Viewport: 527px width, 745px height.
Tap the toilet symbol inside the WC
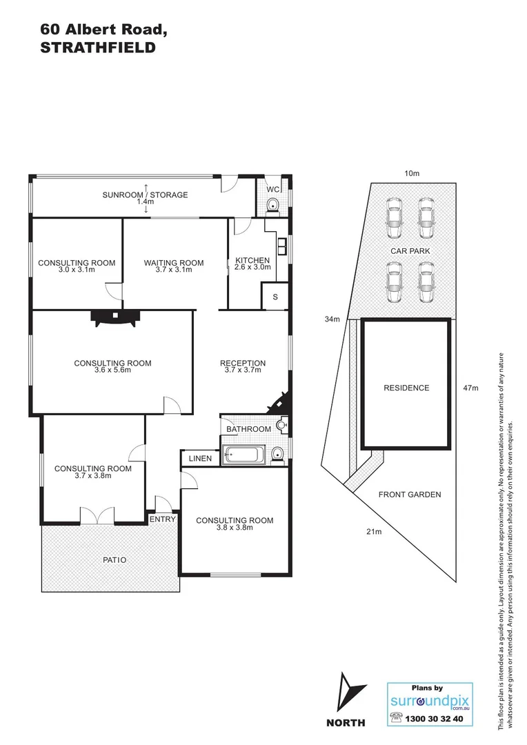point(274,203)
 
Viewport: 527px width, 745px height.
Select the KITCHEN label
point(252,260)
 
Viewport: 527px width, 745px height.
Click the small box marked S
point(275,297)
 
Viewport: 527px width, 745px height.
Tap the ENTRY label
point(163,519)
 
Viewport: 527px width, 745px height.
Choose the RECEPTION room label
point(243,364)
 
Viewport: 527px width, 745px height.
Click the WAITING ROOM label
point(174,262)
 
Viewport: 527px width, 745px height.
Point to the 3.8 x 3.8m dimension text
point(235,528)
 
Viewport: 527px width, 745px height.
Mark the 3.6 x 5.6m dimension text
point(112,370)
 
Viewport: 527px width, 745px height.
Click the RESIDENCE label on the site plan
point(406,388)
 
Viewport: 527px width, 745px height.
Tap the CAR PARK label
point(410,251)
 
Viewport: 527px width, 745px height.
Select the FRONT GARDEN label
point(410,494)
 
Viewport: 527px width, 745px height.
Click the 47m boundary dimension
point(470,388)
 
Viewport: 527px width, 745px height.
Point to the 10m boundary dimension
point(412,174)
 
